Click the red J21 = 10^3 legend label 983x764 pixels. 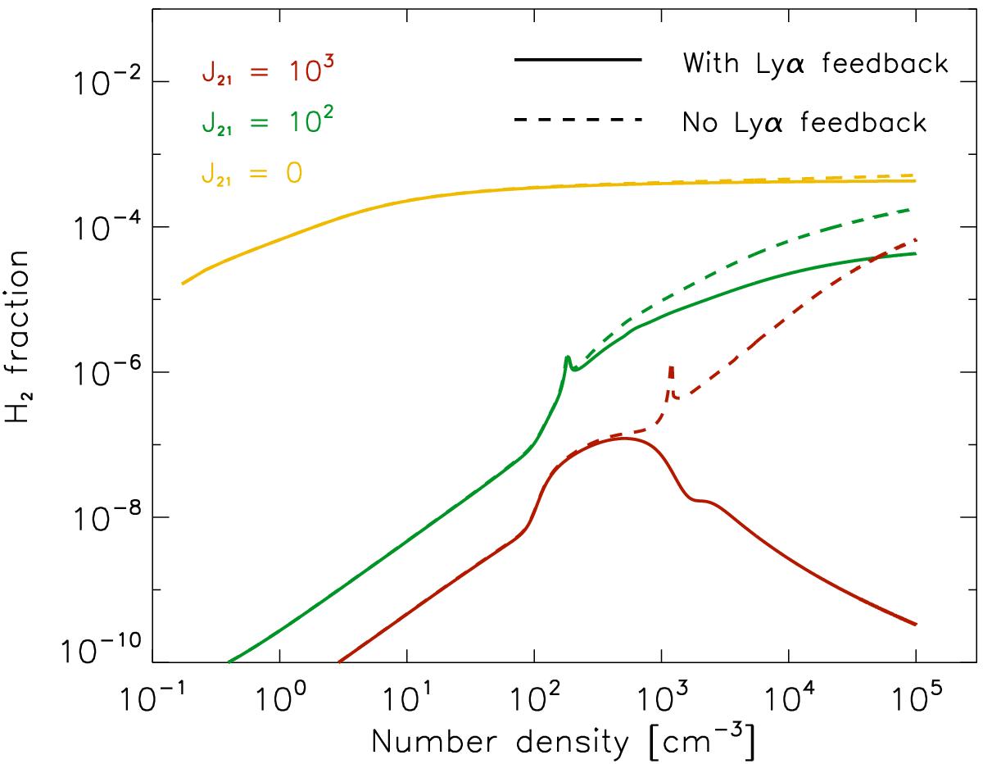[257, 74]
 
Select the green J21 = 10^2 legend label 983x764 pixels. [257, 123]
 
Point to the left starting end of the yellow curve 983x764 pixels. [183, 284]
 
